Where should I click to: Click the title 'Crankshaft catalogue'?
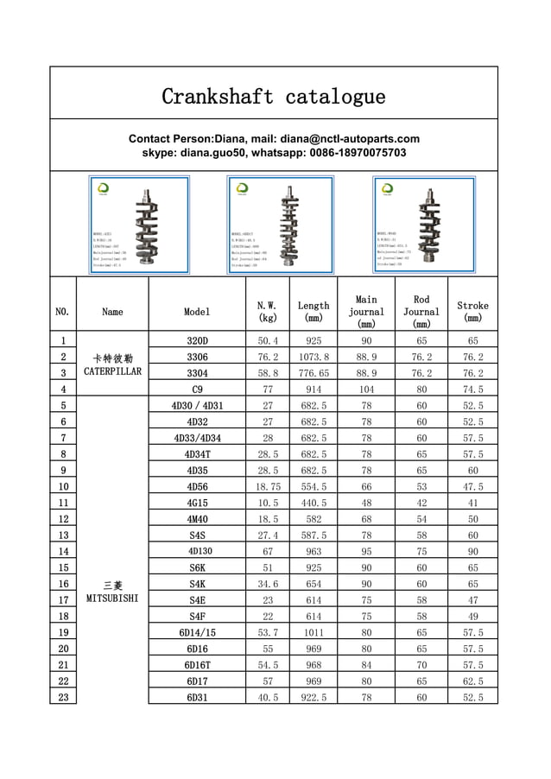tap(274, 96)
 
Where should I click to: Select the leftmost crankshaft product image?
tap(139, 225)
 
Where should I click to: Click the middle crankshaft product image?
tap(280, 225)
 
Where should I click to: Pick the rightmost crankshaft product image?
tap(423, 225)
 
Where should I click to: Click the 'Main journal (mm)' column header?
tap(366, 312)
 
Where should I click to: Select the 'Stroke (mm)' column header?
tap(472, 312)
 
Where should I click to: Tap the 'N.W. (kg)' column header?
tap(267, 312)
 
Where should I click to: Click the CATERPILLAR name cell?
tap(112, 364)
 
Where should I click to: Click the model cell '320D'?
tap(197, 341)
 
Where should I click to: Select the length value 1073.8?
tap(313, 358)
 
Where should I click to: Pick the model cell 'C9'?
tap(197, 389)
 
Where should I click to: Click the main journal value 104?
tap(366, 389)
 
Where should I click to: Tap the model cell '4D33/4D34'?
tap(197, 439)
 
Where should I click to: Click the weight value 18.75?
tap(267, 487)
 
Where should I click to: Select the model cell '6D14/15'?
tap(197, 633)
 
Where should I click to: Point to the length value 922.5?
tap(313, 698)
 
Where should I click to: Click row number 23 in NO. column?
tap(63, 698)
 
